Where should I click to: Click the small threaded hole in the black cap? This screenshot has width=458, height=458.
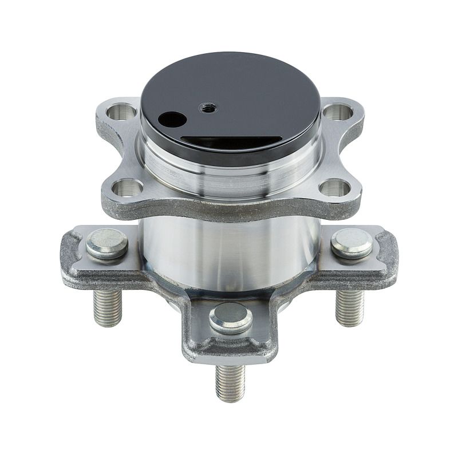[207, 106]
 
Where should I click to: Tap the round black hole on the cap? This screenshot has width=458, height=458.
[172, 120]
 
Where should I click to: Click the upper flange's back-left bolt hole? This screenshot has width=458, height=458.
[122, 111]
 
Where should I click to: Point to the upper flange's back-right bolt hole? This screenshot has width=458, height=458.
[338, 112]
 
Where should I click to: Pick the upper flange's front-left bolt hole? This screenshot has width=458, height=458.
[127, 187]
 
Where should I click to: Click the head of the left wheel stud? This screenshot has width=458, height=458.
[107, 243]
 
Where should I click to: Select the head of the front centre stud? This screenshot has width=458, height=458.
[231, 318]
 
